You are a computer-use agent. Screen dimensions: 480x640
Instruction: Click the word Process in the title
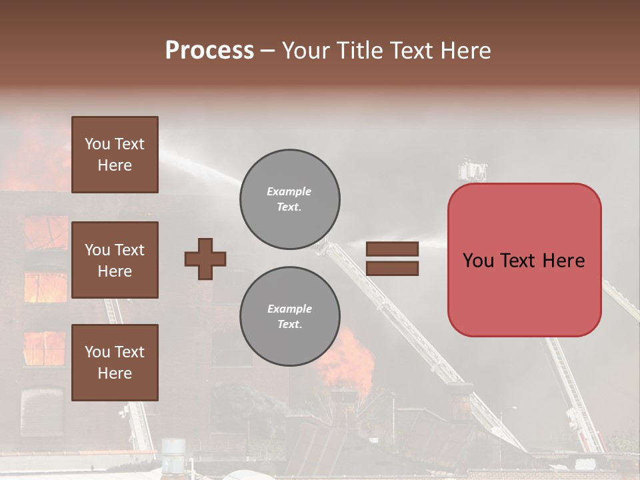209,51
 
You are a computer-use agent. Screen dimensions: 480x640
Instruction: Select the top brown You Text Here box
115,155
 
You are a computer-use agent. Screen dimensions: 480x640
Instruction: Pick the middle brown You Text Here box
115,260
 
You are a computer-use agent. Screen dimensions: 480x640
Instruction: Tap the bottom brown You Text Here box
115,363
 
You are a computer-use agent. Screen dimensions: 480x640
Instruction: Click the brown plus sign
205,259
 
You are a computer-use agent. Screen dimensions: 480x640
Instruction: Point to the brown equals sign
393,259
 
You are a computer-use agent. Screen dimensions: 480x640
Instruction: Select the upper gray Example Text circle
289,199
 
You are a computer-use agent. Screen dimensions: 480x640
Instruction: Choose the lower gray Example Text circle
289,317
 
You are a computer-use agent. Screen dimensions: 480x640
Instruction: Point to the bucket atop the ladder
472,171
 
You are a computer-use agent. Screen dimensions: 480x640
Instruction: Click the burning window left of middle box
45,287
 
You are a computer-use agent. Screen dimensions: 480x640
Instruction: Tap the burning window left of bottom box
44,348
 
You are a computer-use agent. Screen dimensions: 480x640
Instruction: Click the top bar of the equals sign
393,249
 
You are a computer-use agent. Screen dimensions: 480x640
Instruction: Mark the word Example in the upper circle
289,191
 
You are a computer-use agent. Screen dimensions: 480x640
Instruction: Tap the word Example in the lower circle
289,309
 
